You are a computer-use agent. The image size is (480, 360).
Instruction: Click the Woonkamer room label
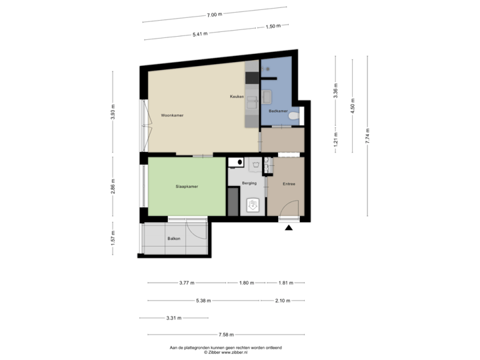click(172, 115)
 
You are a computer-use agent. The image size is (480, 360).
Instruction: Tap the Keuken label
click(236, 97)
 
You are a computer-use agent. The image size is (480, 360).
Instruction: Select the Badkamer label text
click(278, 111)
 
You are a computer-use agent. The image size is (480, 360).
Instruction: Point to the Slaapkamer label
click(187, 187)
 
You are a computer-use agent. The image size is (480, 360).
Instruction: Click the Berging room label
click(249, 183)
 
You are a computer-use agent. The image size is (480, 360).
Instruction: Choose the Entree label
click(289, 184)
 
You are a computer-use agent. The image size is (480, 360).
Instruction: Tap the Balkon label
click(175, 238)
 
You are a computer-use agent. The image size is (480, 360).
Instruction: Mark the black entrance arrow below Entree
click(289, 229)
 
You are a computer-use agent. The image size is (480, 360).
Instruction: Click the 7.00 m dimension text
click(214, 14)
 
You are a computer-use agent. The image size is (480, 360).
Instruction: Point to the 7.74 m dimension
click(367, 137)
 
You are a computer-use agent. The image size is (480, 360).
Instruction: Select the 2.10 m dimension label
click(283, 301)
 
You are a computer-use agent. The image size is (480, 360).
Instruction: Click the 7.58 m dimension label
click(226, 335)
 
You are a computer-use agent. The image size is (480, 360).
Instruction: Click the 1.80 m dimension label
click(246, 283)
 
